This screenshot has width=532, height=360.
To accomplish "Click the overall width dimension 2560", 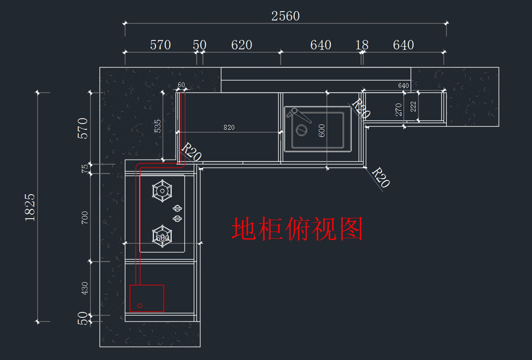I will pos(286,16).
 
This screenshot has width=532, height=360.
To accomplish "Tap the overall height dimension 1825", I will pos(30,207).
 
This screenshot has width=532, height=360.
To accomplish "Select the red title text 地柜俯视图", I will pos(297,229).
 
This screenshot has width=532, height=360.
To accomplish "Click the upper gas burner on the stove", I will pos(162,191).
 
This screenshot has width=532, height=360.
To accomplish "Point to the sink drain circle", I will pos(301,130).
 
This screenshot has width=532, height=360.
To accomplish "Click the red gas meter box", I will pos(147,298).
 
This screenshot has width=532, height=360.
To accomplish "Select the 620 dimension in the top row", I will pos(242,45).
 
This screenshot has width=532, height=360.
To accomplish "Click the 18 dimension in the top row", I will pos(362,45).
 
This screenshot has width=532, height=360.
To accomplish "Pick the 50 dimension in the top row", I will pos(199,45).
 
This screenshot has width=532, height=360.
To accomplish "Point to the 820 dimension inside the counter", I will pos(229,128).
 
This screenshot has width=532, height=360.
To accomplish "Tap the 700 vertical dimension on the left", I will pos(85,217).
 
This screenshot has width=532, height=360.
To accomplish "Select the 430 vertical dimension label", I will pos(85,288).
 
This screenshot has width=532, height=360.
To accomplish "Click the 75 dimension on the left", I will pos(85,168).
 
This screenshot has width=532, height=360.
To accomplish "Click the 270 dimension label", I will pos(399,110).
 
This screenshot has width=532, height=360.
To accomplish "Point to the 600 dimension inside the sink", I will pos(322,130).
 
